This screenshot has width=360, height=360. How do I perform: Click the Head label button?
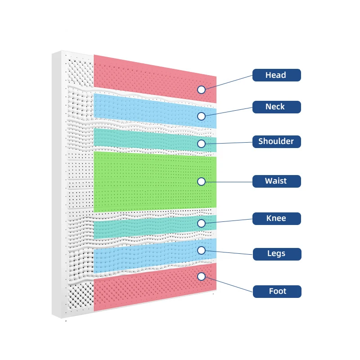(x=276, y=75)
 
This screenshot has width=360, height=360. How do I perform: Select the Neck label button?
(x=276, y=107)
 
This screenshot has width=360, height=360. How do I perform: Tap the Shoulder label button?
(x=276, y=141)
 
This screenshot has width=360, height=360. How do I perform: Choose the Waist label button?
(x=276, y=181)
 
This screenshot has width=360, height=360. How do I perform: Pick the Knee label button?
(x=276, y=219)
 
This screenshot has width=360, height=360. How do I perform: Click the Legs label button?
(x=276, y=253)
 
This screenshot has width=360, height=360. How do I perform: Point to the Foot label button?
(x=276, y=291)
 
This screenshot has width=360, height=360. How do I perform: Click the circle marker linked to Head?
(x=201, y=90)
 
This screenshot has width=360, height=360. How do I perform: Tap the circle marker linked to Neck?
(x=201, y=116)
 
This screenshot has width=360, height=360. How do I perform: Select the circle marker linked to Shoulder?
(x=201, y=144)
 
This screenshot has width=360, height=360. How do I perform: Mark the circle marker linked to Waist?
(x=201, y=181)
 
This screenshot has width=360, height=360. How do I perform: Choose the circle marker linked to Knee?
(x=201, y=223)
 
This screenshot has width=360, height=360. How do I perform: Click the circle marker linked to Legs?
(x=201, y=250)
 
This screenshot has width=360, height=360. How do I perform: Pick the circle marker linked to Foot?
(x=201, y=276)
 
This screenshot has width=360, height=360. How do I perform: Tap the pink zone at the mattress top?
(x=148, y=74)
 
